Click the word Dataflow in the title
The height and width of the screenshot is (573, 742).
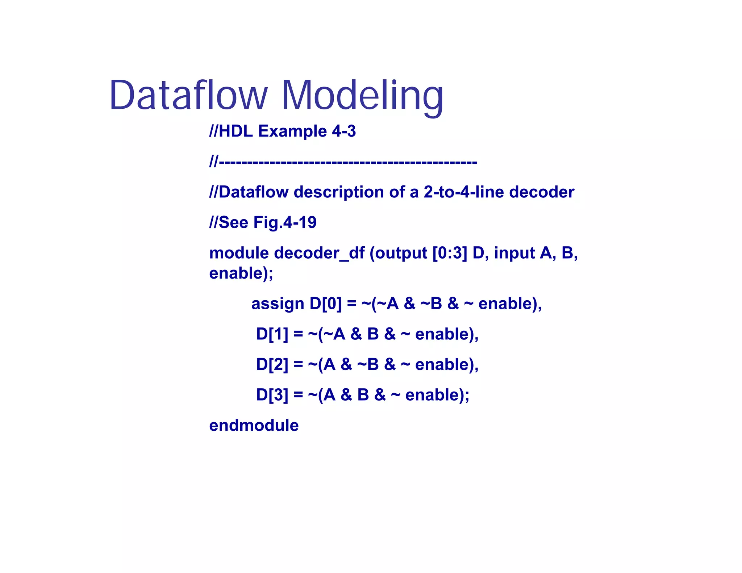(x=188, y=95)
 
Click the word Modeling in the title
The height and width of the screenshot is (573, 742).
(x=362, y=95)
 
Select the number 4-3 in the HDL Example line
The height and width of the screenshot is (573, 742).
(x=344, y=131)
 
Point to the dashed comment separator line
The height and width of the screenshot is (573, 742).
(x=343, y=162)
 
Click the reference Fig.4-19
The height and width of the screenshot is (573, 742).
(x=285, y=222)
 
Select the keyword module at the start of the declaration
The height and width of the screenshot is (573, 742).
(x=239, y=253)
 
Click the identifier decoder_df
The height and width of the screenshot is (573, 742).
(x=319, y=253)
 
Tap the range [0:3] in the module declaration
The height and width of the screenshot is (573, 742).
(x=450, y=253)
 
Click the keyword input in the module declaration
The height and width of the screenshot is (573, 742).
(x=514, y=253)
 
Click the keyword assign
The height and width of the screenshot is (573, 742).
(x=278, y=304)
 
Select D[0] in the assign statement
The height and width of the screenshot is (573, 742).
(x=325, y=304)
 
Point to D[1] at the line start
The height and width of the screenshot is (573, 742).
(x=272, y=334)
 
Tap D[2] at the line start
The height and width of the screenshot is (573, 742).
(x=272, y=364)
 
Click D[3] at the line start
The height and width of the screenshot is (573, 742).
(x=272, y=395)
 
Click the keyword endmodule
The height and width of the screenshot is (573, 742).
(x=254, y=425)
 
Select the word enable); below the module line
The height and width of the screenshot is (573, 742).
(x=241, y=273)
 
